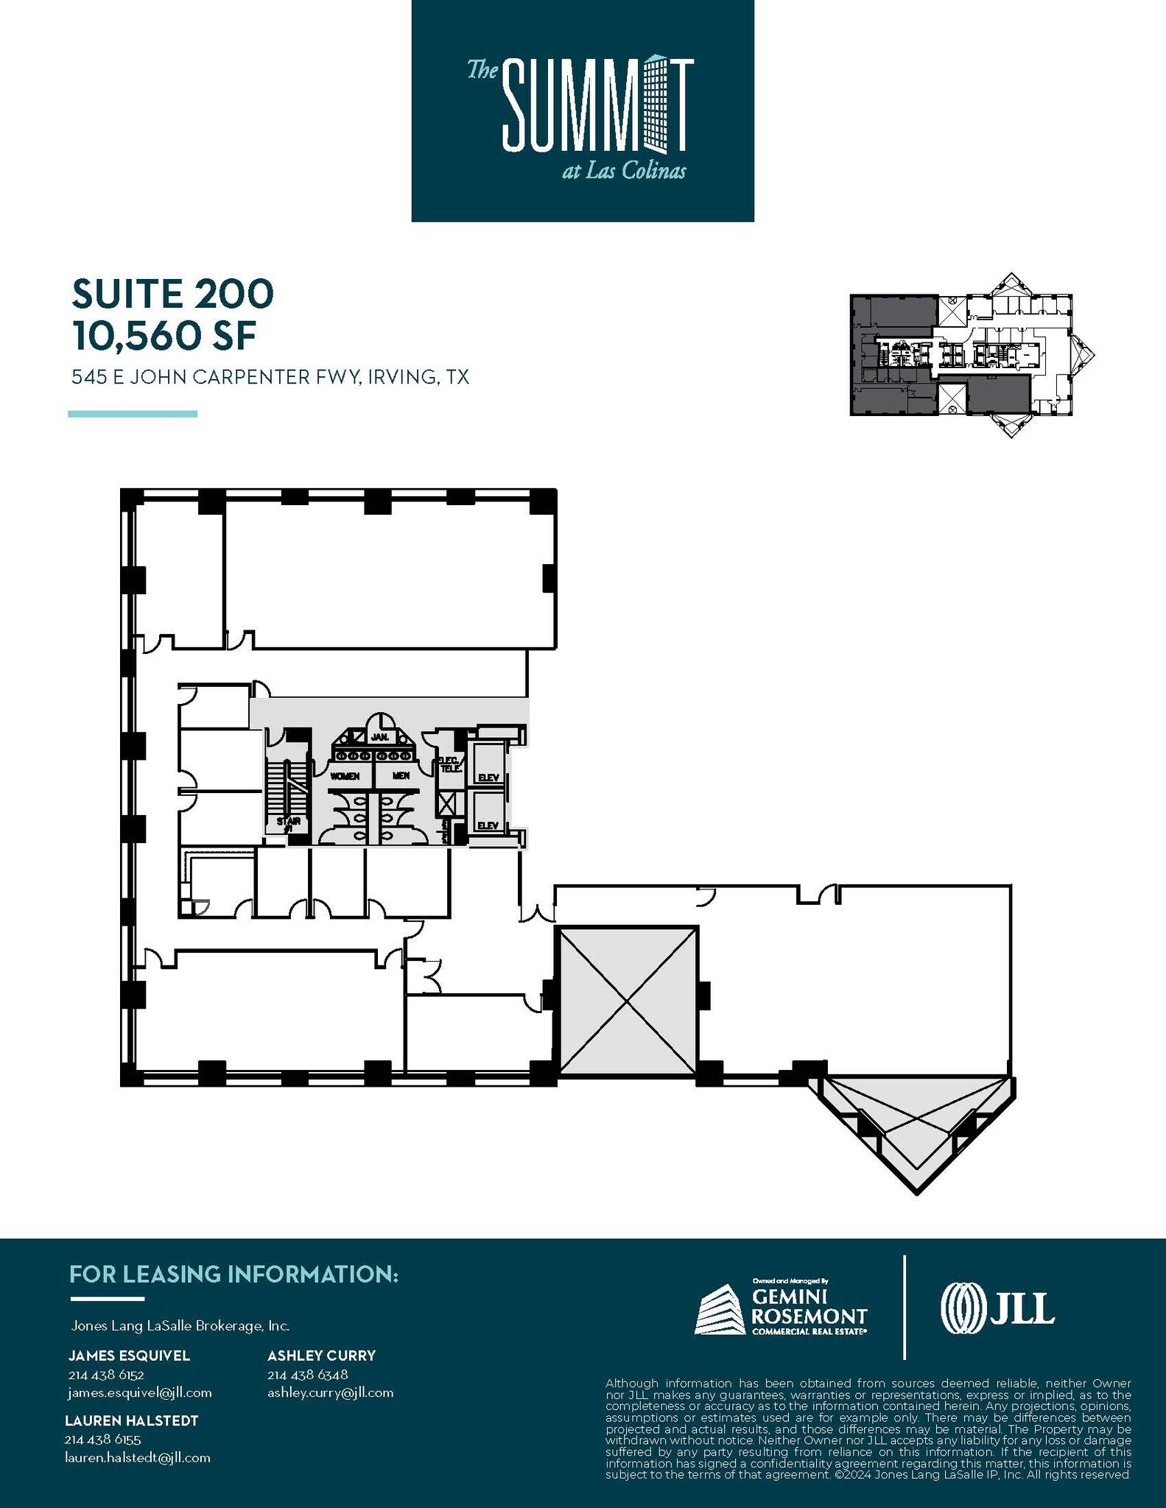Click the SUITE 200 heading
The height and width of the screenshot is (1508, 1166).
(172, 293)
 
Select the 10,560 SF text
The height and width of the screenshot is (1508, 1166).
(164, 336)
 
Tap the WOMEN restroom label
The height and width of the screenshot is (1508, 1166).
(345, 776)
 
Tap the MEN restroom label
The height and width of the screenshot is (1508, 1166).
(401, 776)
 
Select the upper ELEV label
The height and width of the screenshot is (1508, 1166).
(488, 778)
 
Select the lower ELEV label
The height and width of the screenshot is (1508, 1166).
(488, 826)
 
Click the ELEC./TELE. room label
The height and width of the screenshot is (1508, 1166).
(450, 764)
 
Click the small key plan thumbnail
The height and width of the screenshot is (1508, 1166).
(971, 355)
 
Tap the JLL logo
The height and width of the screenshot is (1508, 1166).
(997, 1308)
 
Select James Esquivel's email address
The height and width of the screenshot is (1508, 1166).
(139, 1392)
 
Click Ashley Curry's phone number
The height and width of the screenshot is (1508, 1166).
(307, 1375)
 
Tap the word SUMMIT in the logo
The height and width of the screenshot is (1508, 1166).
(597, 107)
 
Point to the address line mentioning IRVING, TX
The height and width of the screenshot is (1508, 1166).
(270, 378)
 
